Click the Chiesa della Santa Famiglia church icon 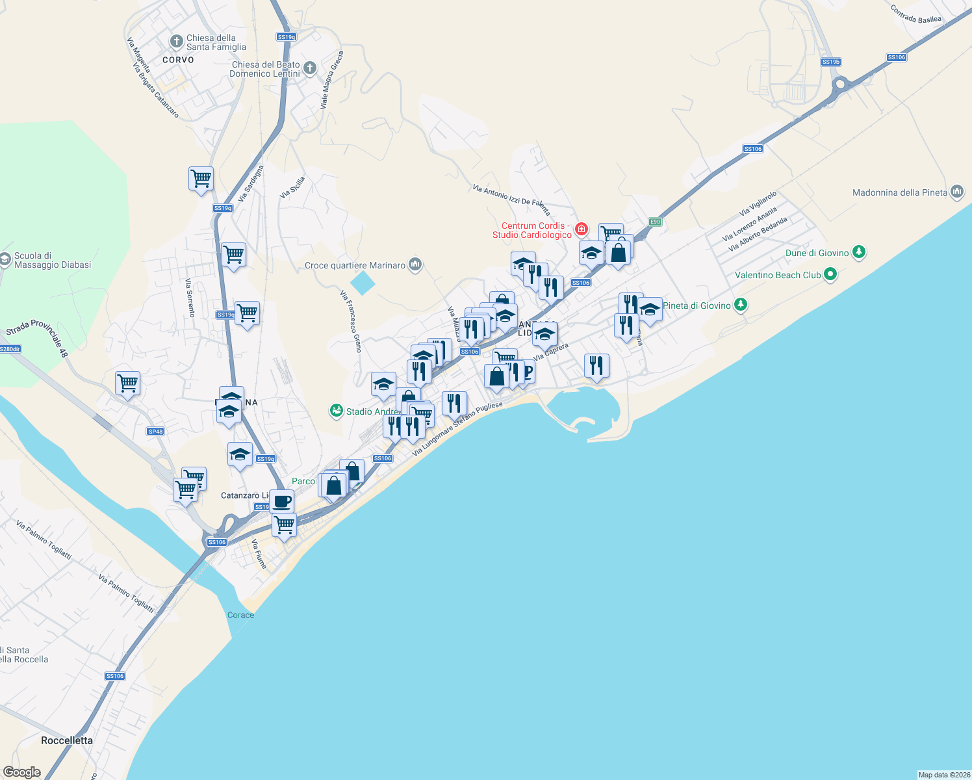click(x=176, y=42)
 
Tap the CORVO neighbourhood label click(x=178, y=60)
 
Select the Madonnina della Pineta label click(x=899, y=192)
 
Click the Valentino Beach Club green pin click(x=830, y=275)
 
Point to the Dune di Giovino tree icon click(x=859, y=252)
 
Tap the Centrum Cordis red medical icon click(x=581, y=229)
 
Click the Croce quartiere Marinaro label click(x=355, y=265)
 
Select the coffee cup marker click(x=282, y=502)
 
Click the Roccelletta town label click(x=67, y=740)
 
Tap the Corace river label click(x=240, y=615)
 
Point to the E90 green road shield click(x=655, y=222)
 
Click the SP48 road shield click(x=155, y=432)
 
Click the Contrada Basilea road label click(x=915, y=14)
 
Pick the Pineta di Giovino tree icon click(x=740, y=305)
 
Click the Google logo click(x=21, y=772)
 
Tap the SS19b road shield click(x=830, y=62)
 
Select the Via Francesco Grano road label click(x=351, y=321)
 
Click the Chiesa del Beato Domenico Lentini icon click(x=310, y=68)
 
